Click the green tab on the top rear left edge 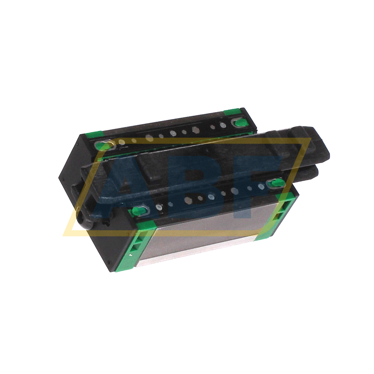click(x=93, y=134)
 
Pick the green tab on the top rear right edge click(x=232, y=112)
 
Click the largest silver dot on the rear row click(x=195, y=130)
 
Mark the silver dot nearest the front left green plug click(x=159, y=207)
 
